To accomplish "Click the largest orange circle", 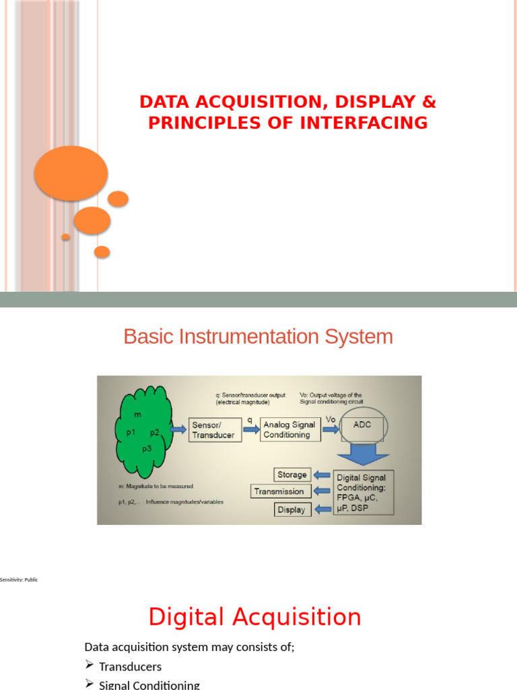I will pos(71,173).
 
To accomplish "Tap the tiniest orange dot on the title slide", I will pos(65,237).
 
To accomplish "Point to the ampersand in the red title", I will pos(429,102).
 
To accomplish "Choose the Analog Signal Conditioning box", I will pos(289,430).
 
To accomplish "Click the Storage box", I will pos(292,474).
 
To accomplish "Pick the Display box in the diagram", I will pos(293,509).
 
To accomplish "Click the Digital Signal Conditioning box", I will pos(364,492).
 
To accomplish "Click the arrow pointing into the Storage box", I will pos(322,474).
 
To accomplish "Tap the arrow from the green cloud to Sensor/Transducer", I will pos(180,429).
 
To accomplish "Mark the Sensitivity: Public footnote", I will pos(19,579).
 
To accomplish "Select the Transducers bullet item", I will pos(130,666).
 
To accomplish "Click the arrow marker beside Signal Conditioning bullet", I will pos(90,684).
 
